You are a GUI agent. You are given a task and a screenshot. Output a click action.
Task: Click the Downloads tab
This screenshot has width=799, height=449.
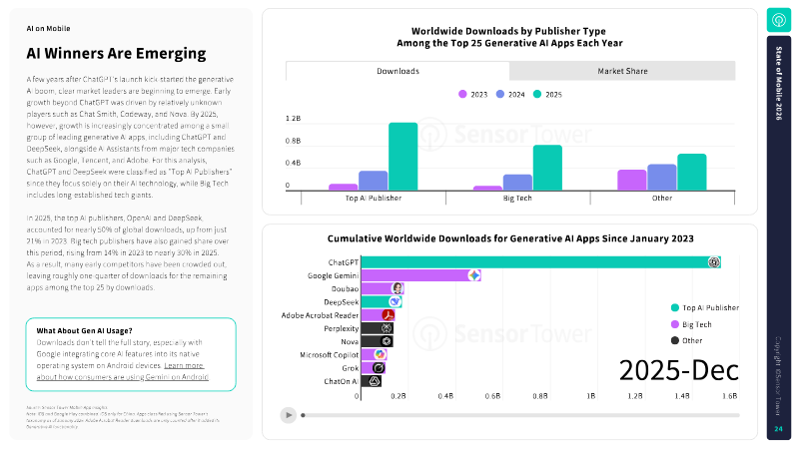click(398, 71)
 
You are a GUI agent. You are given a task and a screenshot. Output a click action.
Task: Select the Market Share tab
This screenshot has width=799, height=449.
click(621, 71)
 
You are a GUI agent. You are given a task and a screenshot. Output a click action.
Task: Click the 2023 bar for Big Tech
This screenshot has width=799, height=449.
click(487, 188)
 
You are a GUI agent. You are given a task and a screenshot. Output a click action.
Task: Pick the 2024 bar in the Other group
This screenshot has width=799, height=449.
click(661, 178)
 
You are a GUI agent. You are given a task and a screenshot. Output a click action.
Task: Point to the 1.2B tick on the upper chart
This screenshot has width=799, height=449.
click(294, 118)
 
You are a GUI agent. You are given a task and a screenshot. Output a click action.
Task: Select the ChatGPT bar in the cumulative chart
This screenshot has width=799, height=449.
click(539, 261)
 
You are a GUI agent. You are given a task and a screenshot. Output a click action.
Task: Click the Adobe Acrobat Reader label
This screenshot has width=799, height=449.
click(314, 314)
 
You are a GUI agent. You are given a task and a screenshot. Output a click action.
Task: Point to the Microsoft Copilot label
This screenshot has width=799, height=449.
click(318, 354)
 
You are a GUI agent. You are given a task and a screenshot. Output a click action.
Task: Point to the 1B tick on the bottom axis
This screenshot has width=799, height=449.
click(590, 396)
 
